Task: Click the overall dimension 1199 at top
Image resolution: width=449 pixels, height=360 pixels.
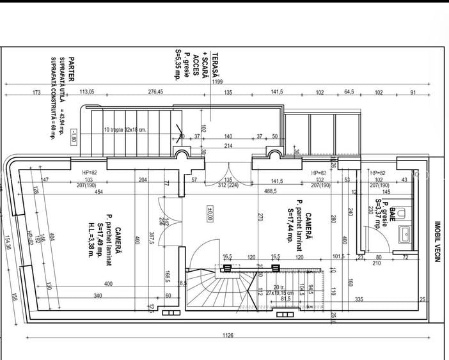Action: click(217, 82)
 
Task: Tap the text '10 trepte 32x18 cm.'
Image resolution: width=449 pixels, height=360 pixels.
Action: click(125, 129)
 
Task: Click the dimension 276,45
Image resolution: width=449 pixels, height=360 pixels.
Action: click(155, 92)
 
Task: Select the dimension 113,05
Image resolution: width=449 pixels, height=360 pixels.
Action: click(86, 92)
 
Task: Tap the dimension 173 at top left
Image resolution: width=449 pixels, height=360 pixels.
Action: click(36, 92)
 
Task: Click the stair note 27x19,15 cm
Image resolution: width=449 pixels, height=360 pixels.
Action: click(285, 293)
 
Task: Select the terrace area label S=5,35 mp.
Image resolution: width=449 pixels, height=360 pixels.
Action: click(178, 64)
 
